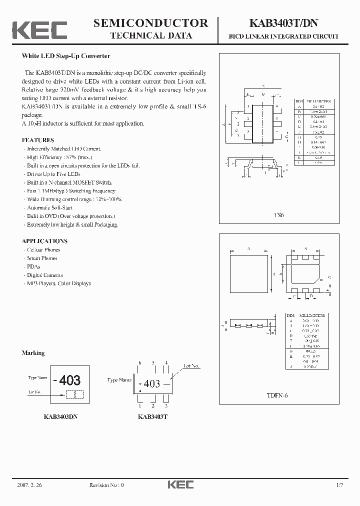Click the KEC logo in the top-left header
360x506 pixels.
[x=39, y=30]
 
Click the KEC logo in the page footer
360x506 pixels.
[x=180, y=484]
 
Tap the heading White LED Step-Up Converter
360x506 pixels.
[x=65, y=56]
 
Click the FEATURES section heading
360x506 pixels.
[x=38, y=140]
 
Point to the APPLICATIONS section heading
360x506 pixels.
[x=44, y=241]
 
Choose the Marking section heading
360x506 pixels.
[x=33, y=353]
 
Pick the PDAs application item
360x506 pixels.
[x=33, y=266]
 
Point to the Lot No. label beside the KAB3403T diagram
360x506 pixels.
[x=191, y=366]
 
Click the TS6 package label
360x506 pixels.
[x=278, y=215]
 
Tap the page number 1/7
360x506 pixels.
[x=340, y=484]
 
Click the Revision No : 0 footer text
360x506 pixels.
[x=106, y=484]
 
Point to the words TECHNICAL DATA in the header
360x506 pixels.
[x=150, y=36]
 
